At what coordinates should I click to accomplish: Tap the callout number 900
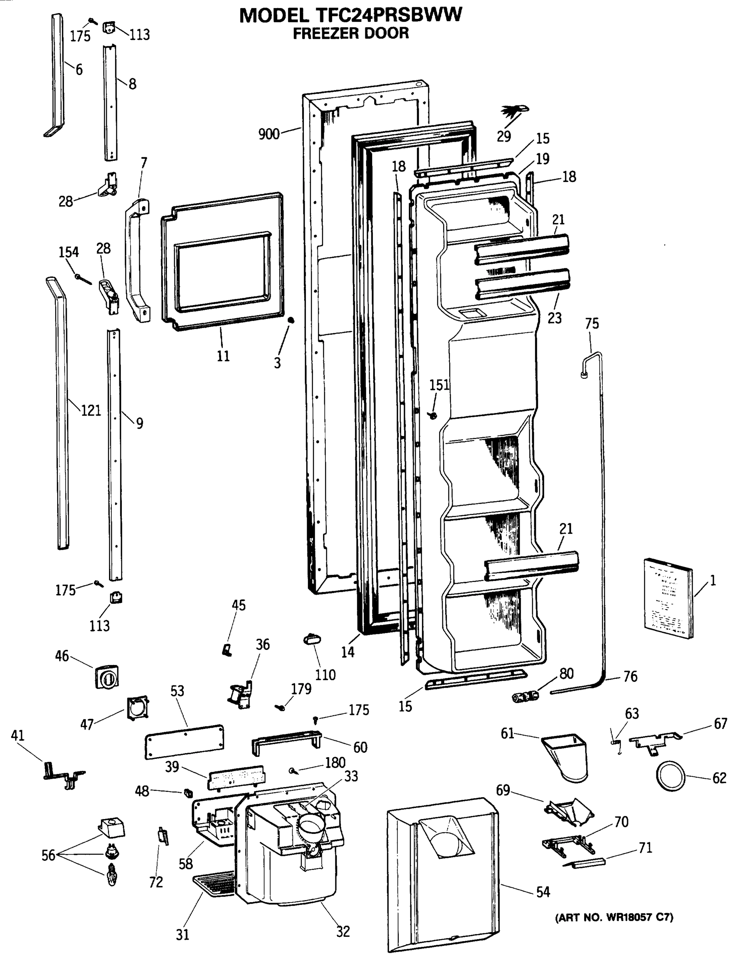click(x=269, y=134)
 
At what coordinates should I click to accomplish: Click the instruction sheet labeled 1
click(x=668, y=598)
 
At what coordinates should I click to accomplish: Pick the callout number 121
click(x=91, y=411)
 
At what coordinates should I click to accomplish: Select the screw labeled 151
click(x=434, y=414)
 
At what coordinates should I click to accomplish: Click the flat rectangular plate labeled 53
click(x=184, y=741)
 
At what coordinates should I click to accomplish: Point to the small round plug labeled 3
click(x=290, y=321)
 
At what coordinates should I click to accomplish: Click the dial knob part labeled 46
click(x=107, y=677)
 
